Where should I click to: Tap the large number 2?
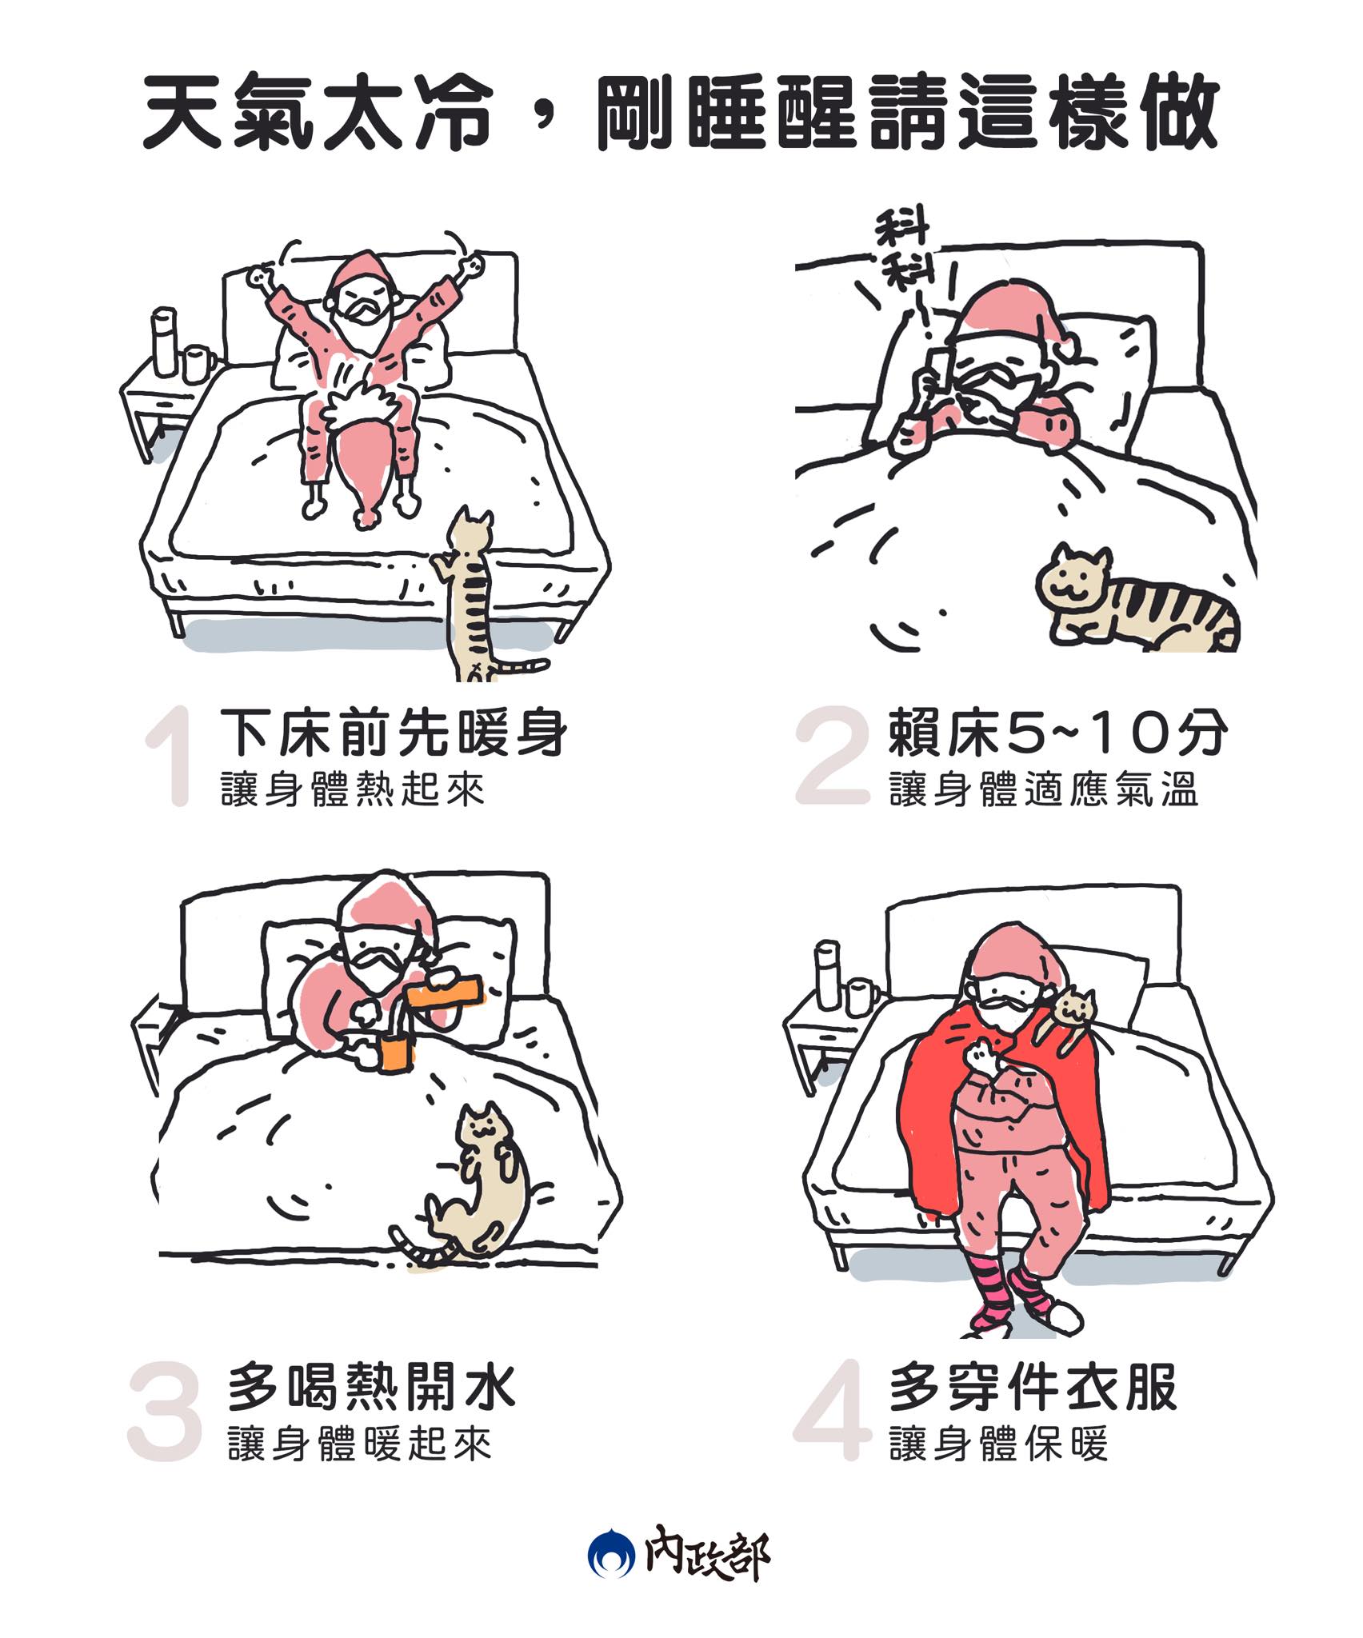[832, 755]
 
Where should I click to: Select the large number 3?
[164, 1411]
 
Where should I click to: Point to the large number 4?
[832, 1411]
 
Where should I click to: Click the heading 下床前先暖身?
[394, 733]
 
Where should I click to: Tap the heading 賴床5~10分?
[1057, 733]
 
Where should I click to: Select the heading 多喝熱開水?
[372, 1388]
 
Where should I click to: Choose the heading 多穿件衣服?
[1033, 1388]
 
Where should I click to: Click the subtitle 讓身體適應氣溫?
[1044, 790]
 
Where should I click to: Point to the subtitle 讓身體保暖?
[999, 1444]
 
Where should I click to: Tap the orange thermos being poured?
[445, 992]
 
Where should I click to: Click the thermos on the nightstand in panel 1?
[164, 342]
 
